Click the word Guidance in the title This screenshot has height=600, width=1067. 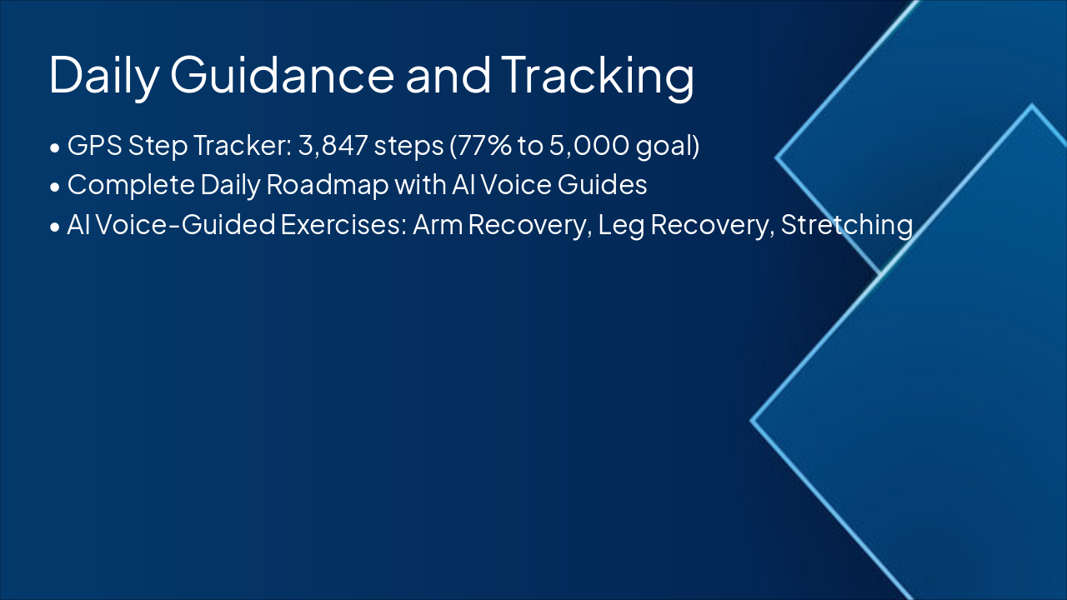pos(282,75)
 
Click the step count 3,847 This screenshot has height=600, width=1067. pos(333,145)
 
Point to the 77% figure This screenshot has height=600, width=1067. pos(483,145)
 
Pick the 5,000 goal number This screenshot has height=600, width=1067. pos(589,145)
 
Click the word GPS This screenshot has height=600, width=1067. pos(95,145)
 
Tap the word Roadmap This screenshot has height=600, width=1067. pos(328,186)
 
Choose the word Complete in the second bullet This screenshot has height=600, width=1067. pos(131,186)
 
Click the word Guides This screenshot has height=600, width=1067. pos(602,184)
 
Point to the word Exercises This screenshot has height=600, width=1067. pos(343,224)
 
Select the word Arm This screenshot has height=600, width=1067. pos(438,224)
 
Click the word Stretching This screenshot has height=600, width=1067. pos(847,226)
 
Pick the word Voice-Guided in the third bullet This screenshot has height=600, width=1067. pos(185,224)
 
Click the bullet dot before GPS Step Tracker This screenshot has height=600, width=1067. pos(55,147)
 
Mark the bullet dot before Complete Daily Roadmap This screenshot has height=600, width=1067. pos(55,187)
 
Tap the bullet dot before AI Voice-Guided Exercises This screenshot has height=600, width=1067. pos(55,227)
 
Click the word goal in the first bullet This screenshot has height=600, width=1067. pos(664,146)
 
